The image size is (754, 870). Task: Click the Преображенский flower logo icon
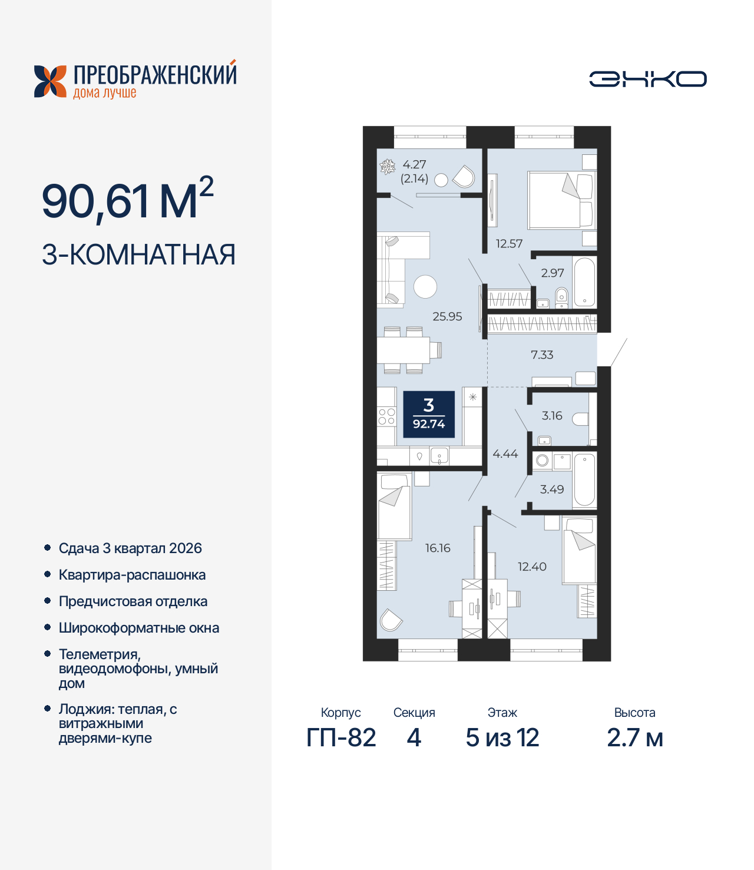(x=51, y=81)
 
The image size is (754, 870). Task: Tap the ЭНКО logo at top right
(x=647, y=79)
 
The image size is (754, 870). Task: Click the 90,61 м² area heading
(x=127, y=200)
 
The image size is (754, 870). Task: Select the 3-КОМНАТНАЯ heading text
(x=138, y=255)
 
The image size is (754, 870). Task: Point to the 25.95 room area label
(x=447, y=316)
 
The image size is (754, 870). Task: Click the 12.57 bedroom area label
(x=509, y=243)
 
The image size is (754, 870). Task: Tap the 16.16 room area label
(x=438, y=548)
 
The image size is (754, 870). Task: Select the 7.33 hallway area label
(x=542, y=355)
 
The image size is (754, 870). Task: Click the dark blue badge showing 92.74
(x=429, y=414)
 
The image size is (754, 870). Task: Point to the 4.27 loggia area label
(x=414, y=165)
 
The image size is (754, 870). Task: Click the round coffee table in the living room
(x=425, y=287)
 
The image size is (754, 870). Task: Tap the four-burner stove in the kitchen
(x=386, y=416)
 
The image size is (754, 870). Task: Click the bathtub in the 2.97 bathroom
(x=584, y=282)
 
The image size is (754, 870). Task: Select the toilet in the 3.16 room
(x=580, y=419)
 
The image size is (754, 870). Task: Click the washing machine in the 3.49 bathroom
(x=543, y=461)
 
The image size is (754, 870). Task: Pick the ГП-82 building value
(x=341, y=737)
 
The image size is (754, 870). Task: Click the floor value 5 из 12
(x=502, y=737)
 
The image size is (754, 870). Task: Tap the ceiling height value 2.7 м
(x=634, y=737)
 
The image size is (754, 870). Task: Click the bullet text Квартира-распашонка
(x=132, y=575)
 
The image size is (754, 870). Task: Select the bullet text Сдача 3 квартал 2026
(x=130, y=548)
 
